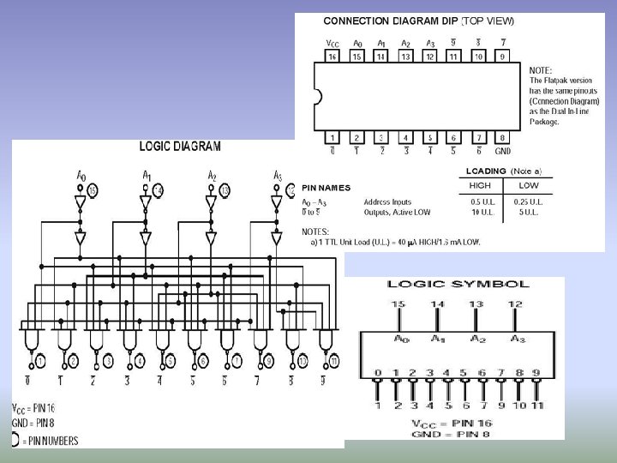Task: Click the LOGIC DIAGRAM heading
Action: pos(180,147)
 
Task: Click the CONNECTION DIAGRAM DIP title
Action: pos(391,21)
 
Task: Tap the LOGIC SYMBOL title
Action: pos(458,284)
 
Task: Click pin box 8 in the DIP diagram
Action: pos(502,137)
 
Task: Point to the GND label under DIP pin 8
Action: pos(503,152)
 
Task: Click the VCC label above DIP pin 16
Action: pos(333,43)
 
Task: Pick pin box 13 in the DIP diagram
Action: pos(405,57)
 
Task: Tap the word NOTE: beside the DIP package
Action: pos(541,70)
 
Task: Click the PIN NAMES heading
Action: pos(326,188)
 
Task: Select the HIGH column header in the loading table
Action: pos(480,185)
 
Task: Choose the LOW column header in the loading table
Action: pos(529,185)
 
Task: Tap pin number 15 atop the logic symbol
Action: pos(398,304)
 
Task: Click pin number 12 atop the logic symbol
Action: pos(513,304)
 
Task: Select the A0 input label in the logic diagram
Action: pos(81,176)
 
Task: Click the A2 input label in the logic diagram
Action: pos(212,176)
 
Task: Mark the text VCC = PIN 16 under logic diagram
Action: pos(34,408)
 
